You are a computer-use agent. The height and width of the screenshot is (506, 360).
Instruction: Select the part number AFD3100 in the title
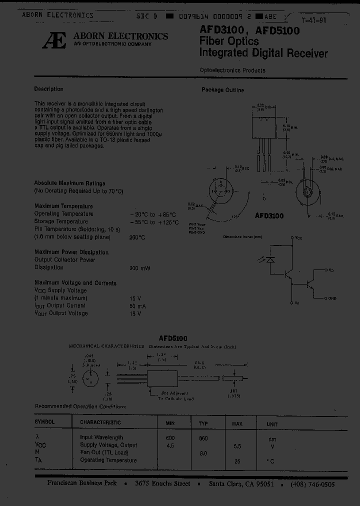220,31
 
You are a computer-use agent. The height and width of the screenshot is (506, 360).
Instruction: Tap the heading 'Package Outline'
222,90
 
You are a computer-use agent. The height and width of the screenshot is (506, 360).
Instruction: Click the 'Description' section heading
48,89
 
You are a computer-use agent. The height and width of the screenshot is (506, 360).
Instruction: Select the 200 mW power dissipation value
139,268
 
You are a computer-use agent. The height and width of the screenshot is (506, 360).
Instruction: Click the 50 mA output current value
137,305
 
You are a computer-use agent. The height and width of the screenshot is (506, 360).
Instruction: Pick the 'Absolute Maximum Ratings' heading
69,183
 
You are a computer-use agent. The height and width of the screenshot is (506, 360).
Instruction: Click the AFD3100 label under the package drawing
269,216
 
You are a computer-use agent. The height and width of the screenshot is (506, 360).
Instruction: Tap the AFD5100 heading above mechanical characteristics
173,338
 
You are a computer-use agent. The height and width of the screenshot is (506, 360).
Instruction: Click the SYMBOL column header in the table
44,422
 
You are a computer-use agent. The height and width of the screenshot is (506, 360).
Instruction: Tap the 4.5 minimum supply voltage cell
170,444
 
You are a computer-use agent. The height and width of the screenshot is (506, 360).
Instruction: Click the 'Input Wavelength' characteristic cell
101,437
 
